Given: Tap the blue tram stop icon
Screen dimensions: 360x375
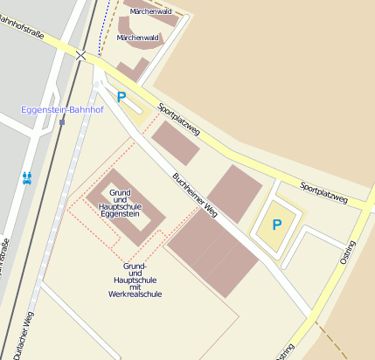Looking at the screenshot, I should point(27,177).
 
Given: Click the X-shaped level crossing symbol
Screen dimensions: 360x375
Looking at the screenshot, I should point(81,55).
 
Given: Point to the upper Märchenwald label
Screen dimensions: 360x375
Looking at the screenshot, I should point(150,11).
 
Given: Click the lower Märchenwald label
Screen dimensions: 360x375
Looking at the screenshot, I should point(138,38).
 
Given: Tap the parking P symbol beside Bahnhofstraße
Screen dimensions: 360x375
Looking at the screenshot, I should point(122,98).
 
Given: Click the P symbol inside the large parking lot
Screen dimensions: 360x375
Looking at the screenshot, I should point(276,225).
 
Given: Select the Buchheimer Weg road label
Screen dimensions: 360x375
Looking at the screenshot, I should point(195,193).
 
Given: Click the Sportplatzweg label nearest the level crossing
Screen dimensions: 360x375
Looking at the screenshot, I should point(179,121).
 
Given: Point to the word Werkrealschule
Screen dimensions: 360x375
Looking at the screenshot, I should point(135,294).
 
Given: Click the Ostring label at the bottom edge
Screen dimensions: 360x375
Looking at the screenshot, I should point(285,350).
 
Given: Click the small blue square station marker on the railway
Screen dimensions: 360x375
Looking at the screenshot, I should point(61,121).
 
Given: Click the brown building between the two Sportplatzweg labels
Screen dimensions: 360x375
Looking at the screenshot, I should point(233,192).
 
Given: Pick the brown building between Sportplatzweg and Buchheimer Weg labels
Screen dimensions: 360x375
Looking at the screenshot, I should point(175,142).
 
